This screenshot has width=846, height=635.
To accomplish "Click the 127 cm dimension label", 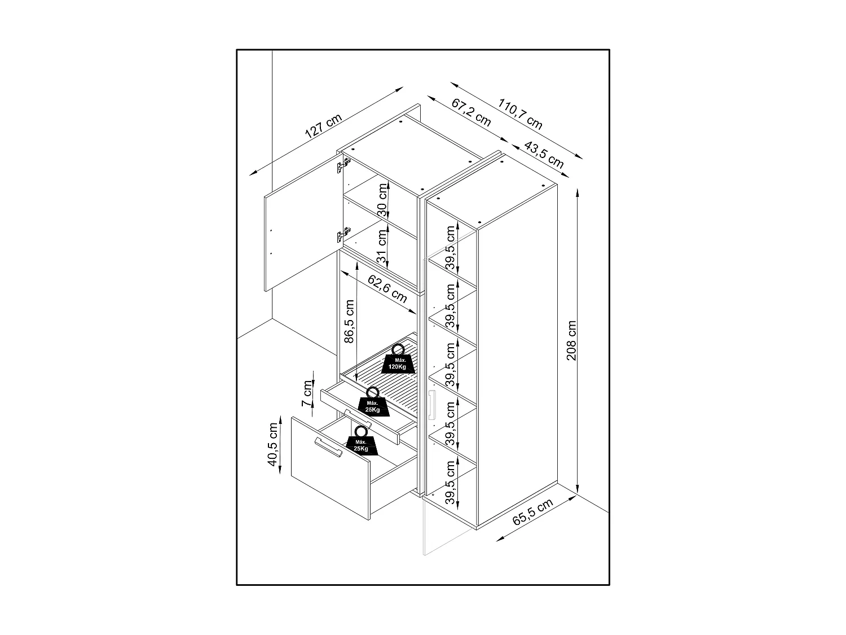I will click(x=323, y=127).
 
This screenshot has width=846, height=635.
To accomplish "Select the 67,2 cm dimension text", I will click(x=472, y=112).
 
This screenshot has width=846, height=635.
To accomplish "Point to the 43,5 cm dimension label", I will click(x=544, y=154).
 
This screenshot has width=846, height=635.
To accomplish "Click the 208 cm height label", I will click(x=572, y=341).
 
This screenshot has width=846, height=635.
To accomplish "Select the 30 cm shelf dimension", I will click(x=383, y=201).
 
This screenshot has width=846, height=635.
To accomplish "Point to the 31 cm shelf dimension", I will click(x=383, y=246).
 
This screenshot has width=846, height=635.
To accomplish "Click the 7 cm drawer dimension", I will click(x=307, y=393).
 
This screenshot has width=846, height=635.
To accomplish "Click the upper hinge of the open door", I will click(x=343, y=165).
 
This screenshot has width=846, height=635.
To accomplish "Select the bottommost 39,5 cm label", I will click(x=450, y=481).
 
